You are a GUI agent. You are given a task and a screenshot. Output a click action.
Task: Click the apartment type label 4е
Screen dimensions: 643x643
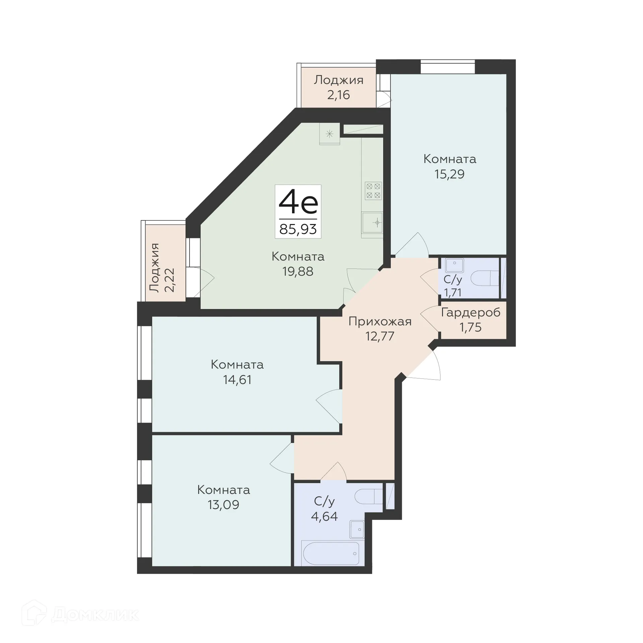pos(298,203)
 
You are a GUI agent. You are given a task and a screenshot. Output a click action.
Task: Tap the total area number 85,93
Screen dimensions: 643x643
pos(298,229)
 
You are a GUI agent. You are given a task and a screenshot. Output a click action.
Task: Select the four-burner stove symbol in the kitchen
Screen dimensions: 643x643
pos(373,191)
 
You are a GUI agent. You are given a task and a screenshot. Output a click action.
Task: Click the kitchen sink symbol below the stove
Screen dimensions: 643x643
pos(372,222)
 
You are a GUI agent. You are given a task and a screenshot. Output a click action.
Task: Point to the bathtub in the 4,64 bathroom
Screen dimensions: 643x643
pos(331,554)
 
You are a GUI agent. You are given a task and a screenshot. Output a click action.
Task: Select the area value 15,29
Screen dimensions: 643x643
pos(449,174)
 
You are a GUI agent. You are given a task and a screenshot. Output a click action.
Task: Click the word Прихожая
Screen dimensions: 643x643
pos(380,321)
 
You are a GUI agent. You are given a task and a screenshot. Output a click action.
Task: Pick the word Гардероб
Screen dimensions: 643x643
pos(471,312)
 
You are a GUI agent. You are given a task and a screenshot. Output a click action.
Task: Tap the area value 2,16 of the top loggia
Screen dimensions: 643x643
pos(339,95)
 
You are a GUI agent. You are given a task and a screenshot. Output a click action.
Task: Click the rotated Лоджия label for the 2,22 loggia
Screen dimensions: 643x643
pos(155,268)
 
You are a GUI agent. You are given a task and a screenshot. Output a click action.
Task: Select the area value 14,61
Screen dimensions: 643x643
pos(237,380)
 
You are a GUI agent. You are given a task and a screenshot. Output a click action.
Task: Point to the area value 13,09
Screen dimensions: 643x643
pos(223,505)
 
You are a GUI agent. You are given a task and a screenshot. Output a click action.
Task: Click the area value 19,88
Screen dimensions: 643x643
pos(298,271)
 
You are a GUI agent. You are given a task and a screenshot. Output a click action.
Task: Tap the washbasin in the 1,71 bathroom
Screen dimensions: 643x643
pos(454,265)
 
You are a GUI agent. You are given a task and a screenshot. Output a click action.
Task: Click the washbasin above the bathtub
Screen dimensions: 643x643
pos(357,529)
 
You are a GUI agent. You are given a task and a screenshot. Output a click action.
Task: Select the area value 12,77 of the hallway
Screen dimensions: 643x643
pos(380,336)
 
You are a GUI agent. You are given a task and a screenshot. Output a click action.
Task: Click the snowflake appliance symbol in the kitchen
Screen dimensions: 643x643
pos(330,134)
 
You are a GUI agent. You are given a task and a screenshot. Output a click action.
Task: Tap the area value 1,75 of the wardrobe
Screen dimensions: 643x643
pos(471,327)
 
